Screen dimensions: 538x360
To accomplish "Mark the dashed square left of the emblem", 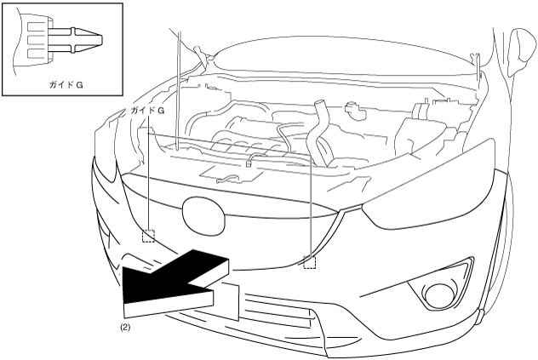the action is (x=148, y=235).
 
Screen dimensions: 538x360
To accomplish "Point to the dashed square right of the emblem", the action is (x=310, y=262).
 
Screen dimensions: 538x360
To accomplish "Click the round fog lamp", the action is (x=440, y=295).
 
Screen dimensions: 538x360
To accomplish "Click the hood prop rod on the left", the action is (x=176, y=85).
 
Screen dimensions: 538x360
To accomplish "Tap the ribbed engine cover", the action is (x=247, y=146).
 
